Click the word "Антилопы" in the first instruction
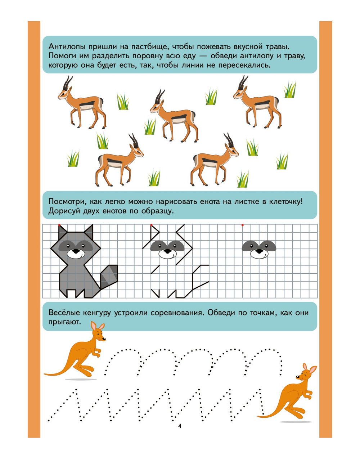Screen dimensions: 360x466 tap(67, 46)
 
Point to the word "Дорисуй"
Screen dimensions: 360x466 tap(64, 211)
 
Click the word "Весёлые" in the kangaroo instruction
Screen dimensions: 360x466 tap(64, 313)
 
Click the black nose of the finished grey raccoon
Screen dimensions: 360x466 tap(76, 251)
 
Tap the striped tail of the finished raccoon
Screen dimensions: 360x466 tap(109, 277)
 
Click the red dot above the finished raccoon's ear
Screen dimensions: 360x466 tap(59, 225)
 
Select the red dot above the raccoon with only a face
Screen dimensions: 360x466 tap(242, 225)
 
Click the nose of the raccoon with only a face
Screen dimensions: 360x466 tap(259, 251)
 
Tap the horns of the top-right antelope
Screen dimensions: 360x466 tap(242, 82)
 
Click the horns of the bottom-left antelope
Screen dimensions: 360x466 tap(134, 140)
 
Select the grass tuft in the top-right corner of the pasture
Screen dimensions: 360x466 tap(290, 90)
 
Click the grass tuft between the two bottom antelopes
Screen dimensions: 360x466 tap(154, 178)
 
